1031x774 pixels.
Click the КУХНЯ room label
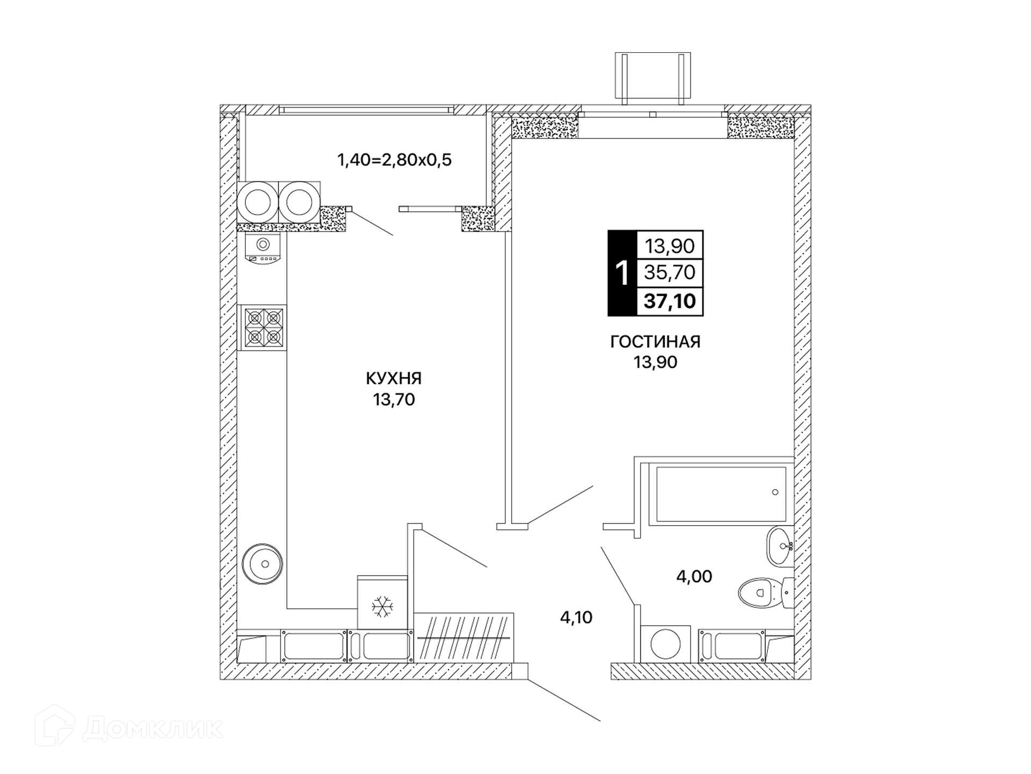pos(394,378)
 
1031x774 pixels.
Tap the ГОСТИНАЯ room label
pos(655,342)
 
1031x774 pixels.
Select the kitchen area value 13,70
pos(394,399)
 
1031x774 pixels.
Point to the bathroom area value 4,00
pos(694,576)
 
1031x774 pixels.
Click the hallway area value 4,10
pos(576,617)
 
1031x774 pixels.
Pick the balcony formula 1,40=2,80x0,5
pos(394,160)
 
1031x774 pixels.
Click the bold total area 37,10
pos(670,301)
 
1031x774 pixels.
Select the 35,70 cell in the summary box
pos(670,273)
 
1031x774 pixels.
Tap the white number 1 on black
pos(622,273)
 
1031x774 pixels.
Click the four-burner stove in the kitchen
pos(264,327)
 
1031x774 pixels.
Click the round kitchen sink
pos(262,564)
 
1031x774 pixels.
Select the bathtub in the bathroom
pos(721,493)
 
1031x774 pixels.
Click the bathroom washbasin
pos(780,547)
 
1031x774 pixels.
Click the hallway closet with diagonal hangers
pos(464,637)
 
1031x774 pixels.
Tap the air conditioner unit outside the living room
pos(652,78)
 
